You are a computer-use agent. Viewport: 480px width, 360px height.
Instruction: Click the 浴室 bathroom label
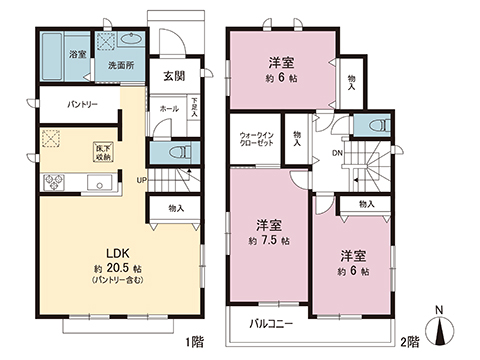pos(77,53)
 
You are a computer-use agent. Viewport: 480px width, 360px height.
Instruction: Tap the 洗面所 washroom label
pos(122,66)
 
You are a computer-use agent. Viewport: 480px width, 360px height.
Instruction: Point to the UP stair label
pos(144,181)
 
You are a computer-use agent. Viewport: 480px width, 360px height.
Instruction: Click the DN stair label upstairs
pos(338,153)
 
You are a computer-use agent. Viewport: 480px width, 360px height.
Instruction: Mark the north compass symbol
pos(439,330)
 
